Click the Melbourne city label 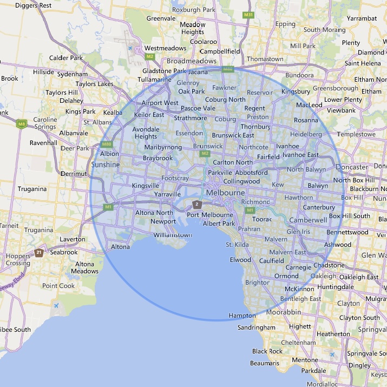pos(225,193)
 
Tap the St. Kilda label pos(237,245)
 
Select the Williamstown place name pos(173,235)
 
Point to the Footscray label pos(175,178)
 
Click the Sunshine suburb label pos(106,164)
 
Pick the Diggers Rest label pos(34,5)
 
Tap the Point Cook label pos(58,286)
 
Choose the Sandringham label pos(257,327)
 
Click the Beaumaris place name pos(265,363)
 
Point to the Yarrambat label pos(362,18)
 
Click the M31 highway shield pos(248,15)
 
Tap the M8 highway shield pos(22,124)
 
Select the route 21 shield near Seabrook pos(39,253)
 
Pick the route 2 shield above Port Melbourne pos(198,204)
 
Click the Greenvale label pos(161,18)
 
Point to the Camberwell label pos(308,220)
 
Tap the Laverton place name pos(73,239)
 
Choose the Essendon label pos(189,133)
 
